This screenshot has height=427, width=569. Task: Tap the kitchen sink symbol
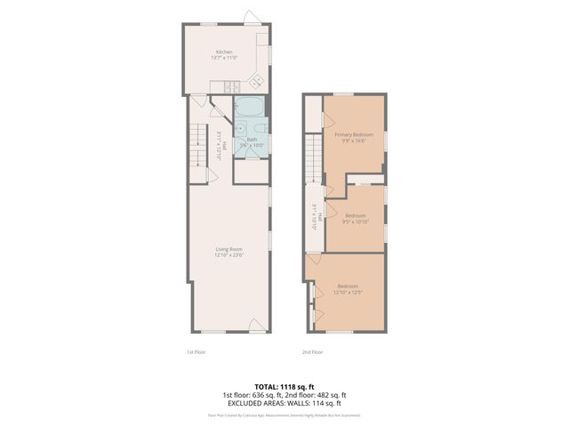coord(263,51)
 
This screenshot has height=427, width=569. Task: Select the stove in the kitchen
coord(228,86)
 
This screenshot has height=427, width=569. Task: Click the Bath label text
coord(252,139)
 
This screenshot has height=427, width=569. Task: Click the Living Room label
coord(228,248)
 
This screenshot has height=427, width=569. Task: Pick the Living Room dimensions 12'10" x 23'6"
coord(228,255)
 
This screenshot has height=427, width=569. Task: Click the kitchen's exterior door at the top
coord(251,18)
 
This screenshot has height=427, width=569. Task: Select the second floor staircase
coord(313,157)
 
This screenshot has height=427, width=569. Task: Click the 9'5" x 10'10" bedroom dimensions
coord(356,222)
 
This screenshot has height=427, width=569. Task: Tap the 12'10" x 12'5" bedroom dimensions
coord(347,292)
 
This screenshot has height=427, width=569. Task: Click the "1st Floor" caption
coord(196,351)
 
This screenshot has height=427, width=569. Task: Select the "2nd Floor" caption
coord(312,351)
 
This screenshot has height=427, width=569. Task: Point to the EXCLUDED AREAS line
coord(284,402)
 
